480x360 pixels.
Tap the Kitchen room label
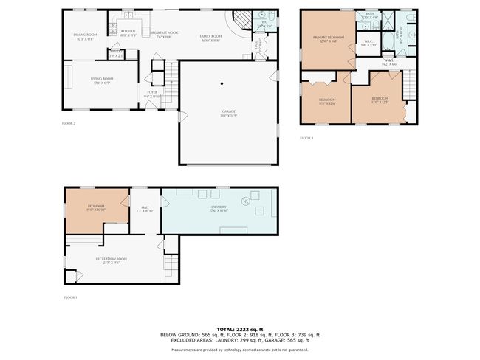[128, 32]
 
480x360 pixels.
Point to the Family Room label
[210, 37]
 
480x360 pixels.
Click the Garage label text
[228, 112]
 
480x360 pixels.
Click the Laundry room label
[218, 208]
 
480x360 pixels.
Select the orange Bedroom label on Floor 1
[96, 207]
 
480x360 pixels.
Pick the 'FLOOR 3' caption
[306, 138]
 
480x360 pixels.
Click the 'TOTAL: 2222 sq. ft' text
[240, 328]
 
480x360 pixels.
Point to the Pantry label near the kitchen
[115, 54]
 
